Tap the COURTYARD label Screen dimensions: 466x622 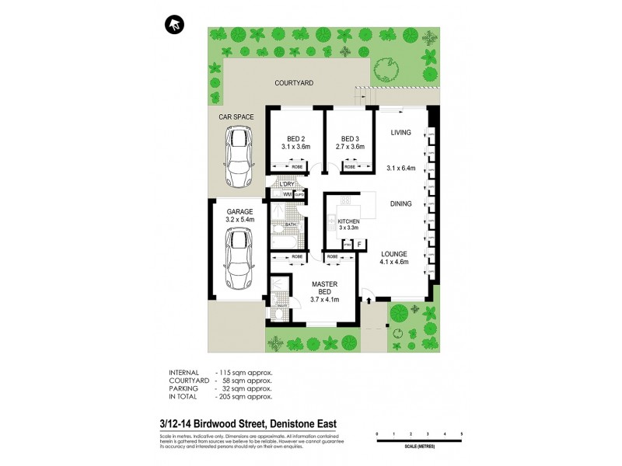[x=294, y=82]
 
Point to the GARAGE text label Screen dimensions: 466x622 [x=239, y=211]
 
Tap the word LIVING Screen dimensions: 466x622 [x=400, y=133]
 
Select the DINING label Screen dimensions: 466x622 [x=401, y=204]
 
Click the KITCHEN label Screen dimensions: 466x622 [x=350, y=222]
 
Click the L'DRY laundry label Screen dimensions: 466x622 [x=288, y=184]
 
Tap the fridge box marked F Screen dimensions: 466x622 [x=359, y=244]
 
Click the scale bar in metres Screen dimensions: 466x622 [x=418, y=440]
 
